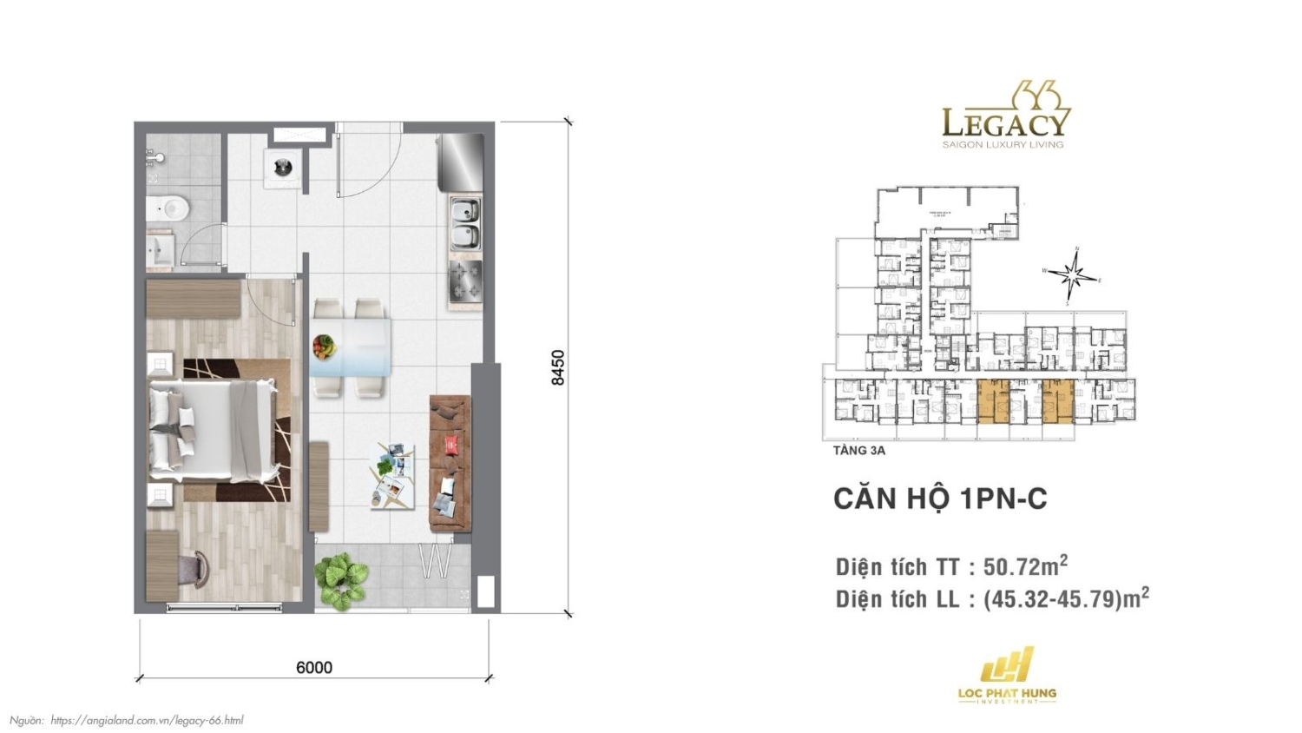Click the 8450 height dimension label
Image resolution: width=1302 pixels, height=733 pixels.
coord(557,367)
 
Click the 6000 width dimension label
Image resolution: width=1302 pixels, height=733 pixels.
coord(313,667)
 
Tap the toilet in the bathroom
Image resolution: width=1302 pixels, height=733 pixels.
coord(170,208)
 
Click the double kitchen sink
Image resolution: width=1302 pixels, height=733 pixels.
coord(465,224)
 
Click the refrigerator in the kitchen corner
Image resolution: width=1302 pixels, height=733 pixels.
coord(460,162)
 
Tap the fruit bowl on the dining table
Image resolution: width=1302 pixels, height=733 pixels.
coord(323,346)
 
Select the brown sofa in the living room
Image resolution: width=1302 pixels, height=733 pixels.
coord(450,464)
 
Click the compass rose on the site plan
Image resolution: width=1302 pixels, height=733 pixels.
coord(1074,277)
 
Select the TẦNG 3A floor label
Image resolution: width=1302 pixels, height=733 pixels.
coord(858,451)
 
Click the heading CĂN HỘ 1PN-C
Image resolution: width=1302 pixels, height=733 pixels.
coord(940,499)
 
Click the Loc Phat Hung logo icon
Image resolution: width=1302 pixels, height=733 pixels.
coord(1007,665)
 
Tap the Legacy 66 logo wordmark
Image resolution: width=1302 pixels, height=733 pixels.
coord(1006,122)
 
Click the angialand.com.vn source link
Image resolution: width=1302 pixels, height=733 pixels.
coord(147,720)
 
